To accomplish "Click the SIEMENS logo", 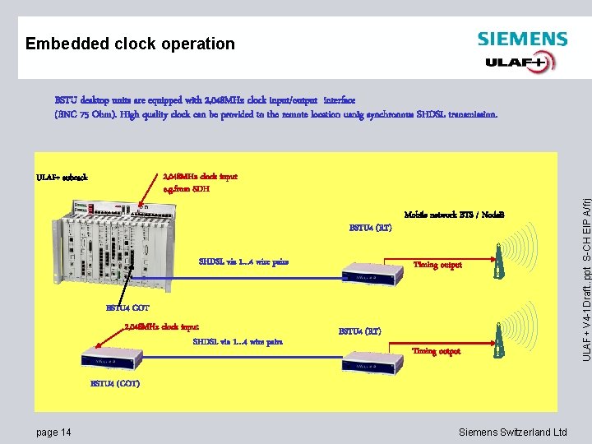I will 522,39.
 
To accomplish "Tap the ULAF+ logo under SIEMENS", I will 520,62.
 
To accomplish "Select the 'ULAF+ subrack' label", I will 62,177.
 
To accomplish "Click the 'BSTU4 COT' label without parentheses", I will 127,308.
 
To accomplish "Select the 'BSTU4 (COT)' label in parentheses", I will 114,384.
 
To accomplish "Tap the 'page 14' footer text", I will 53,432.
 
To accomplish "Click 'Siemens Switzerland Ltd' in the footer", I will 512,432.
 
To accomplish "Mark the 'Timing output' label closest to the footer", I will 436,351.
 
